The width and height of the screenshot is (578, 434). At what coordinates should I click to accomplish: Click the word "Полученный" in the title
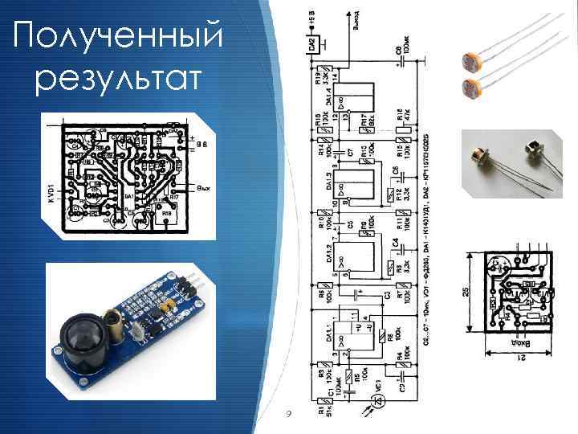[117, 36]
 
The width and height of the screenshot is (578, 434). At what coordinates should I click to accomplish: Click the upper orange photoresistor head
[470, 60]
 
